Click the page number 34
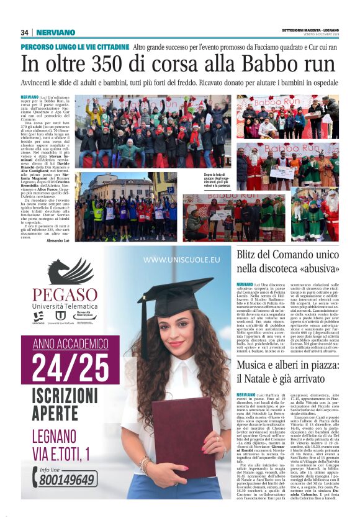click(x=25, y=32)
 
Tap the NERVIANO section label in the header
click(x=55, y=32)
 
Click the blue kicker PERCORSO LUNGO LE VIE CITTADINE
click(x=75, y=47)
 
